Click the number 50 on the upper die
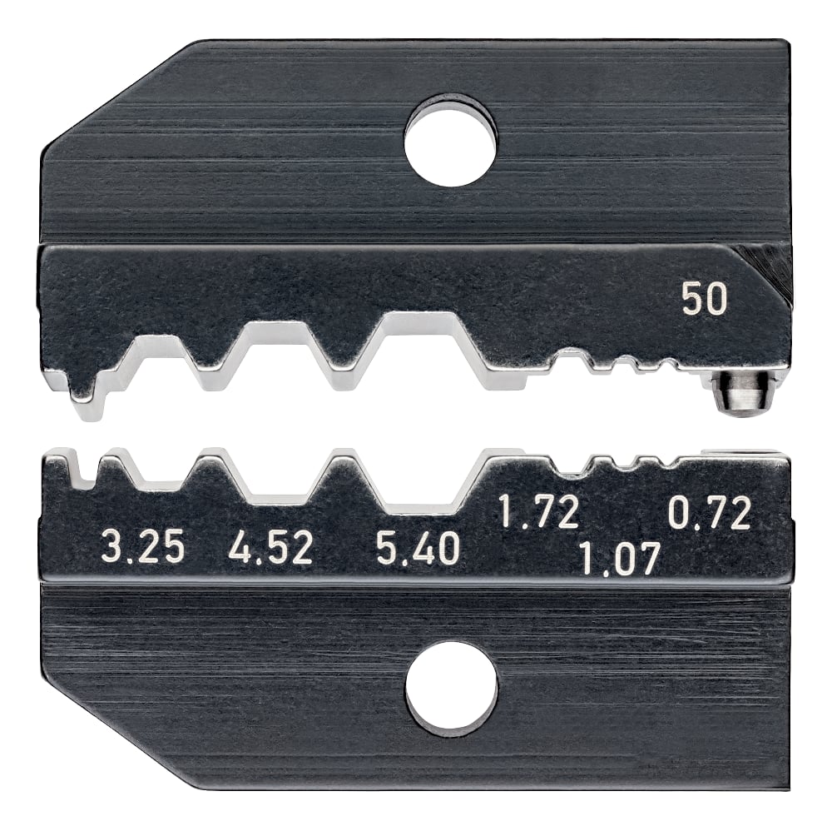[x=704, y=300]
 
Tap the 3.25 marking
[x=141, y=550]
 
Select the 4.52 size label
[x=270, y=550]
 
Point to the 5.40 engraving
[x=417, y=550]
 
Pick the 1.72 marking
[x=538, y=513]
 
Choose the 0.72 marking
[x=710, y=513]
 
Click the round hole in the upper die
[x=450, y=140]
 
